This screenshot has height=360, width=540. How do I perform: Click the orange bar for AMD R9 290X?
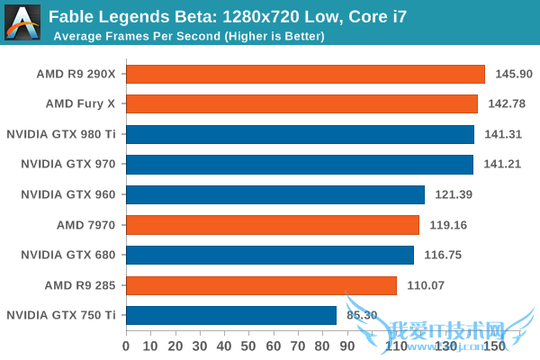tap(306, 74)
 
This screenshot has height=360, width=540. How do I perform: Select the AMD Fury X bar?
tap(302, 103)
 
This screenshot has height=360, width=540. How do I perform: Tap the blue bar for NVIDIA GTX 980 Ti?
tap(301, 134)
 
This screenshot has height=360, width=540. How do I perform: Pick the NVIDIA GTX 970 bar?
tap(301, 164)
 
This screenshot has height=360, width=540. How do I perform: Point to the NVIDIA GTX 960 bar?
tap(275, 194)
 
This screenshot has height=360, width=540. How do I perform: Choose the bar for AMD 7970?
tap(273, 224)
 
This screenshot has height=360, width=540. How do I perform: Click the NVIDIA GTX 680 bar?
tap(270, 255)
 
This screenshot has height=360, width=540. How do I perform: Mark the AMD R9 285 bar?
tap(262, 285)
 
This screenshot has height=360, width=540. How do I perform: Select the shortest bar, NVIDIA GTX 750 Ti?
tap(231, 315)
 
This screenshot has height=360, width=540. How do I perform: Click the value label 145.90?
tap(512, 74)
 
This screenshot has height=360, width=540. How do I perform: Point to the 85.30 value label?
tap(361, 315)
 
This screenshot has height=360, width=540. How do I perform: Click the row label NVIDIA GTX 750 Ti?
tap(61, 315)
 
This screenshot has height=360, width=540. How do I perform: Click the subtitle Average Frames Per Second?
tap(189, 37)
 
